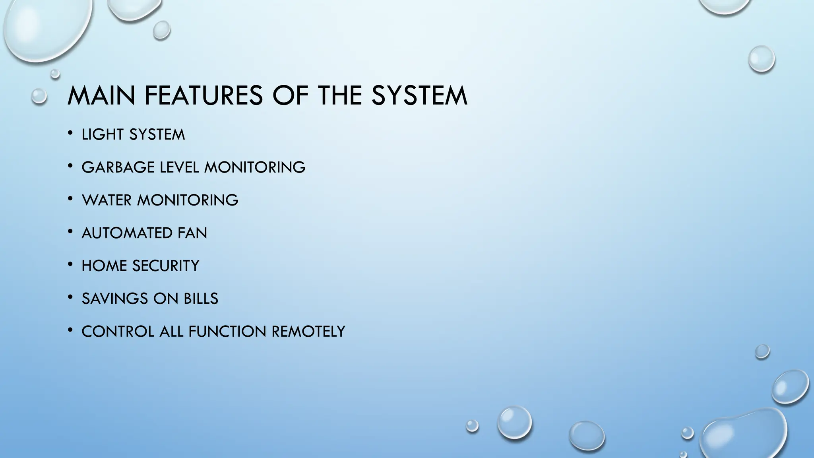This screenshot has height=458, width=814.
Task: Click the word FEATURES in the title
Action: pos(203,95)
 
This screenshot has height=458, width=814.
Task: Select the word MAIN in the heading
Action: pos(101,95)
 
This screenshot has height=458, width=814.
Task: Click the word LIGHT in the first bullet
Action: pos(103,135)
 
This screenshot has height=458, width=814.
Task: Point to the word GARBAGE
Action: pos(118,167)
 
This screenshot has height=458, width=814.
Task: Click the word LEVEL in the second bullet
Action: pos(179,167)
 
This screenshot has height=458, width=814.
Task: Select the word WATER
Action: pos(107,200)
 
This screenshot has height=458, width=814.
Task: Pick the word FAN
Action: pos(192,233)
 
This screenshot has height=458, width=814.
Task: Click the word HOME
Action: pos(104,266)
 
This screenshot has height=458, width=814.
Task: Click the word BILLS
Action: pos(201,299)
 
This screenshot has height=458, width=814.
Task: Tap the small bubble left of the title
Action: pos(39,96)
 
